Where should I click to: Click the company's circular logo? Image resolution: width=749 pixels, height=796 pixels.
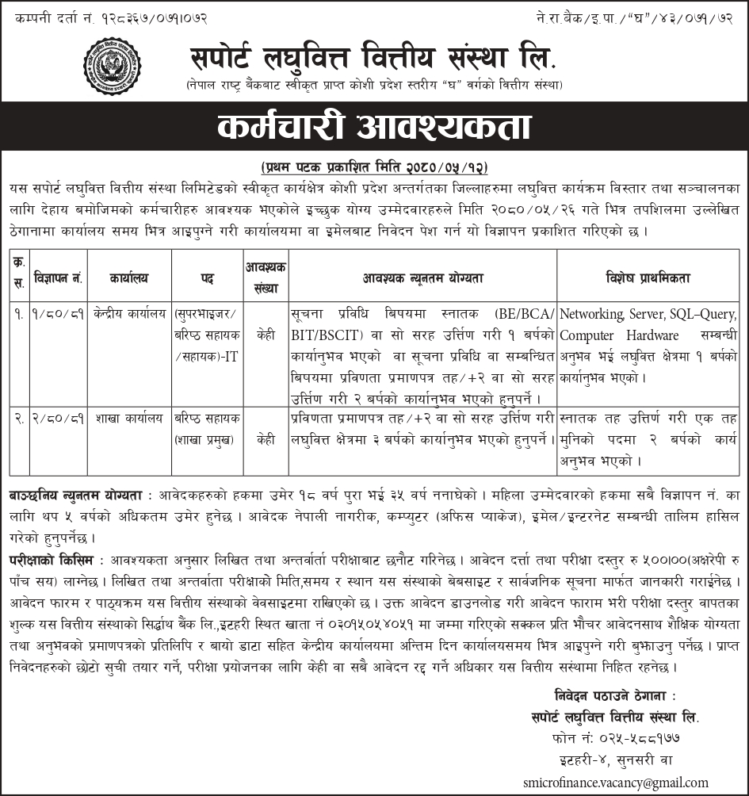click(x=112, y=66)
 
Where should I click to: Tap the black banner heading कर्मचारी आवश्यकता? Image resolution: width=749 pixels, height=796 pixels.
click(x=374, y=128)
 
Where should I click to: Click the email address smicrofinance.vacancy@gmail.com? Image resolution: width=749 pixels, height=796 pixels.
click(x=615, y=782)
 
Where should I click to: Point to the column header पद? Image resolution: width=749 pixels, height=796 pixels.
click(x=207, y=277)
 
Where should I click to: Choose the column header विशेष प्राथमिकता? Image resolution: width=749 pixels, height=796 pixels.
click(x=648, y=277)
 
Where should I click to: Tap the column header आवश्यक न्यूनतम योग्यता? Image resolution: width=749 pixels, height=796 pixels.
click(x=422, y=277)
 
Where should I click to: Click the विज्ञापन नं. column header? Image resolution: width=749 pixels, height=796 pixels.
click(x=59, y=277)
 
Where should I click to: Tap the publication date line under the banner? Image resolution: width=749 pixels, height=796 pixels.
click(x=374, y=168)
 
